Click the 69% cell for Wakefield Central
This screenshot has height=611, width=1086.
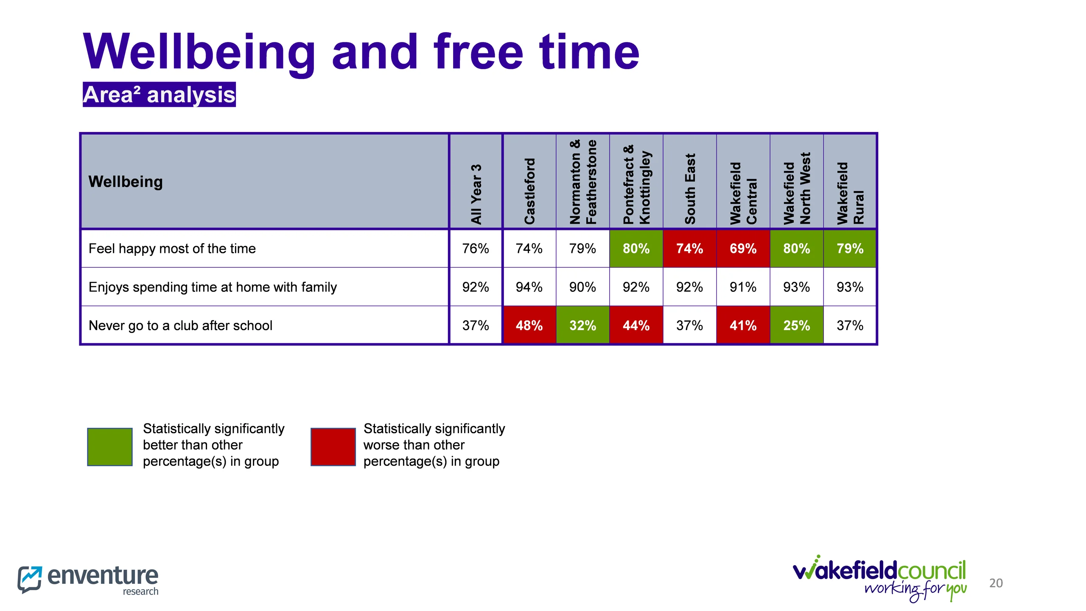[x=743, y=249]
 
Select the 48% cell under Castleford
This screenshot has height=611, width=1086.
[x=529, y=325]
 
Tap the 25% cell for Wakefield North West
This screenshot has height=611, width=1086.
[x=796, y=325]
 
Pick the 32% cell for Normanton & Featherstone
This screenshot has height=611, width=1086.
[x=582, y=325]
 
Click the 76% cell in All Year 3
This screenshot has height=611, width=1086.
[x=476, y=249]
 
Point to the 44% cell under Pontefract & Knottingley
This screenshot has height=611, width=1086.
[x=636, y=325]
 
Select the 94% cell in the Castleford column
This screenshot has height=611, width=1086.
[x=529, y=287]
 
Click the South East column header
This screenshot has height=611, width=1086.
[x=690, y=189]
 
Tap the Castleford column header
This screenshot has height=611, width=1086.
[x=529, y=191]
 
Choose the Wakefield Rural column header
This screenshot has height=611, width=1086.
[x=850, y=193]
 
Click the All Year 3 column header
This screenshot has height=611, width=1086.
[x=476, y=194]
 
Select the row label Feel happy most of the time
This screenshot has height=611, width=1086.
[x=172, y=249]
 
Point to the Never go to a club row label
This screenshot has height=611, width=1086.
[x=180, y=325]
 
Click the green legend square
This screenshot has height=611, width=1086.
[x=110, y=447]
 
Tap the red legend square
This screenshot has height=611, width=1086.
[x=333, y=447]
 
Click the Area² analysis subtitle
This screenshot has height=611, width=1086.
[x=159, y=95]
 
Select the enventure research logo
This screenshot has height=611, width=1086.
[x=88, y=579]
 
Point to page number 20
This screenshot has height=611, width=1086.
[x=996, y=583]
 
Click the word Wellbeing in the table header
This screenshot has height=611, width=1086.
[x=126, y=182]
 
